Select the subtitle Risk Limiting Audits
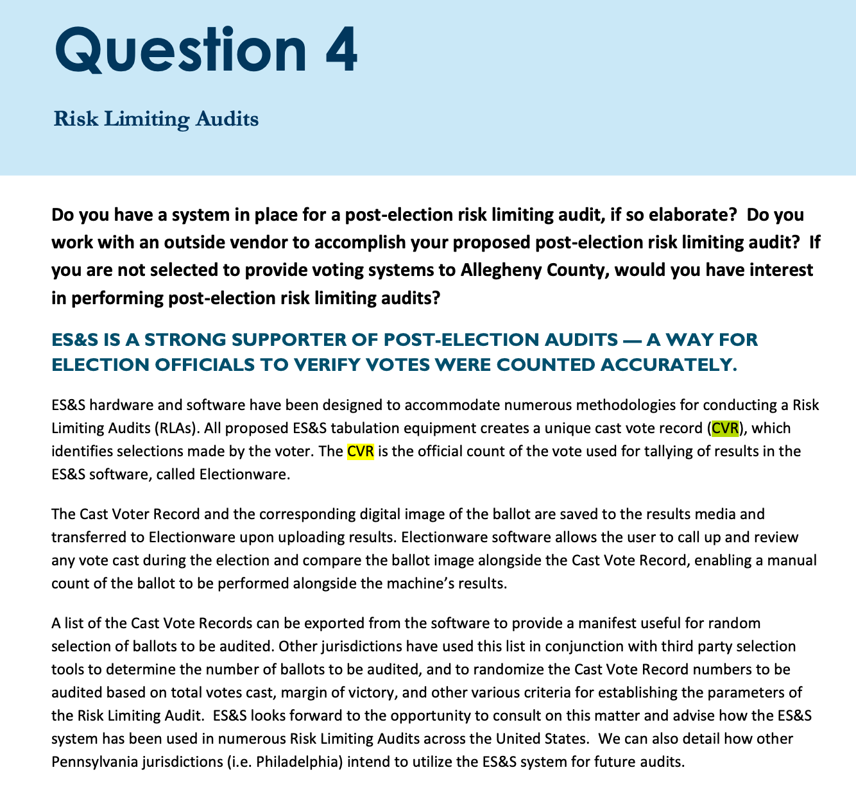(156, 119)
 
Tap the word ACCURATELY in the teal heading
(667, 364)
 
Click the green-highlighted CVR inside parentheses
(725, 428)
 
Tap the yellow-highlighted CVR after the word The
(360, 451)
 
